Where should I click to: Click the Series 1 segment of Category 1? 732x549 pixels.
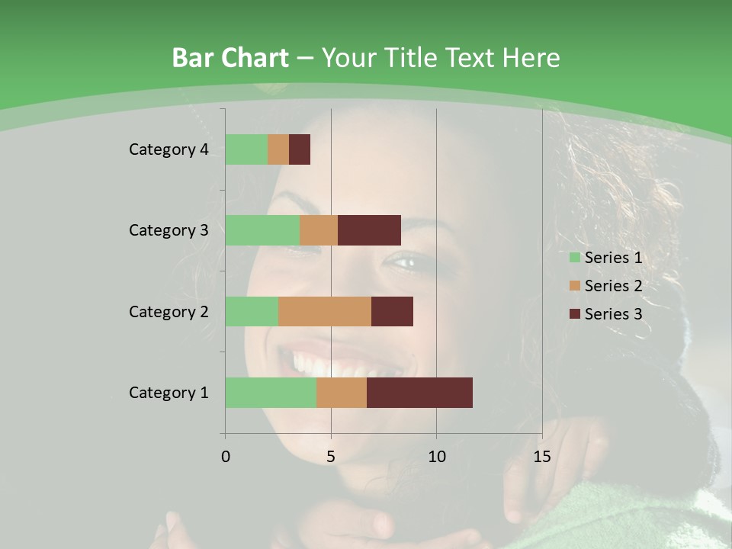(271, 393)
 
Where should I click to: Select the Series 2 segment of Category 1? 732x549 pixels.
(342, 393)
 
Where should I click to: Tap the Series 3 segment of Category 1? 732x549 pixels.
(419, 393)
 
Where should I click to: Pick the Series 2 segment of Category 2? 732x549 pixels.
(325, 311)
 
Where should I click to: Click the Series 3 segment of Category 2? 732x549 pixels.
(392, 311)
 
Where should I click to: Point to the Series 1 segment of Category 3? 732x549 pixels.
(262, 230)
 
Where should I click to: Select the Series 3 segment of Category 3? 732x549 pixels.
(369, 230)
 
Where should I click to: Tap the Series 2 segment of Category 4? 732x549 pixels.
(278, 149)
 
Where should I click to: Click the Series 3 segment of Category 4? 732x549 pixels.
(300, 149)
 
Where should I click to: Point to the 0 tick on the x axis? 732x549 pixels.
(226, 457)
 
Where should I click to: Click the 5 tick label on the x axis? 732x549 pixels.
(331, 457)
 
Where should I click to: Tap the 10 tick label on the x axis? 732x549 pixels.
(436, 457)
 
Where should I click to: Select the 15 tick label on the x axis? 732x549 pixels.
(541, 457)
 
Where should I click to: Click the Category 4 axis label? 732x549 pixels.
(169, 149)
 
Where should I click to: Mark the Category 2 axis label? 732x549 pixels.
(169, 311)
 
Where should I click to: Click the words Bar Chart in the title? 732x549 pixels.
(230, 58)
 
